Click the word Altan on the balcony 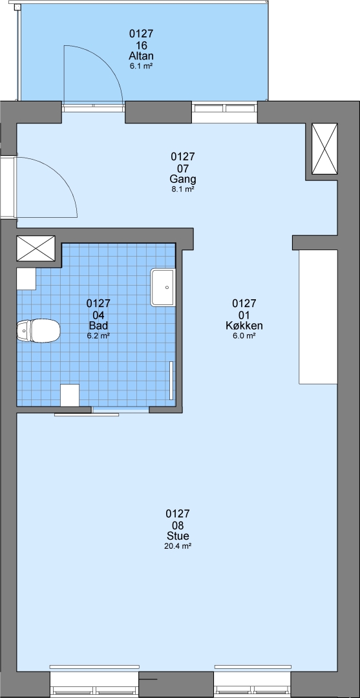141,56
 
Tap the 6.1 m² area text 141,66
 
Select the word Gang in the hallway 183,180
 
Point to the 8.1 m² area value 183,189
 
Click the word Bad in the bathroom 98,326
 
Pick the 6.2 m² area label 98,336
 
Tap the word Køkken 244,326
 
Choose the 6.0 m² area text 244,336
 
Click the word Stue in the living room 178,536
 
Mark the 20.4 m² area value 178,546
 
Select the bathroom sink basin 163,287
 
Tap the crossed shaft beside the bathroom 36,248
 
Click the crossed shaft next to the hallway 324,149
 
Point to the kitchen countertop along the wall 318,317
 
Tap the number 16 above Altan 141,45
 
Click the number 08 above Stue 178,525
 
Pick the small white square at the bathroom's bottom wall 70,395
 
